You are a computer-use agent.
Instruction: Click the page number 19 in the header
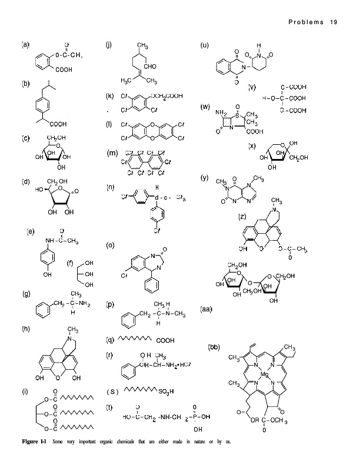pyautogui.click(x=335, y=22)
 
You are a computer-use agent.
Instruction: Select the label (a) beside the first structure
pyautogui.click(x=26, y=44)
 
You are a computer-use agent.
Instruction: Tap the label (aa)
pyautogui.click(x=206, y=309)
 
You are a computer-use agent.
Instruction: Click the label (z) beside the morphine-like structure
pyautogui.click(x=242, y=217)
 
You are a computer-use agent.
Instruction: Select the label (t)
pyautogui.click(x=109, y=407)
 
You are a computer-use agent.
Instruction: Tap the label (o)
pyautogui.click(x=109, y=244)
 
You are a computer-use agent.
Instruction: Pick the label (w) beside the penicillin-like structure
pyautogui.click(x=205, y=107)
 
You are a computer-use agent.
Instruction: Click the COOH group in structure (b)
pyautogui.click(x=58, y=124)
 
